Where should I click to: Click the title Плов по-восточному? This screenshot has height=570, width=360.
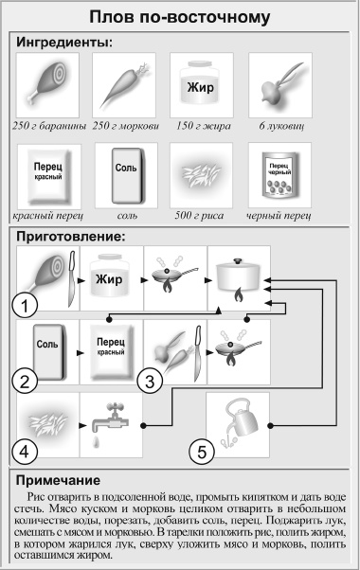click(x=179, y=17)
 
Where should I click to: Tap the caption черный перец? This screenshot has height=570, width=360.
click(x=277, y=215)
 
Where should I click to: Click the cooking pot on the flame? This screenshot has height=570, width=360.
click(x=238, y=276)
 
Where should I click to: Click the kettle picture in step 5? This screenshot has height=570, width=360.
click(x=238, y=421)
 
